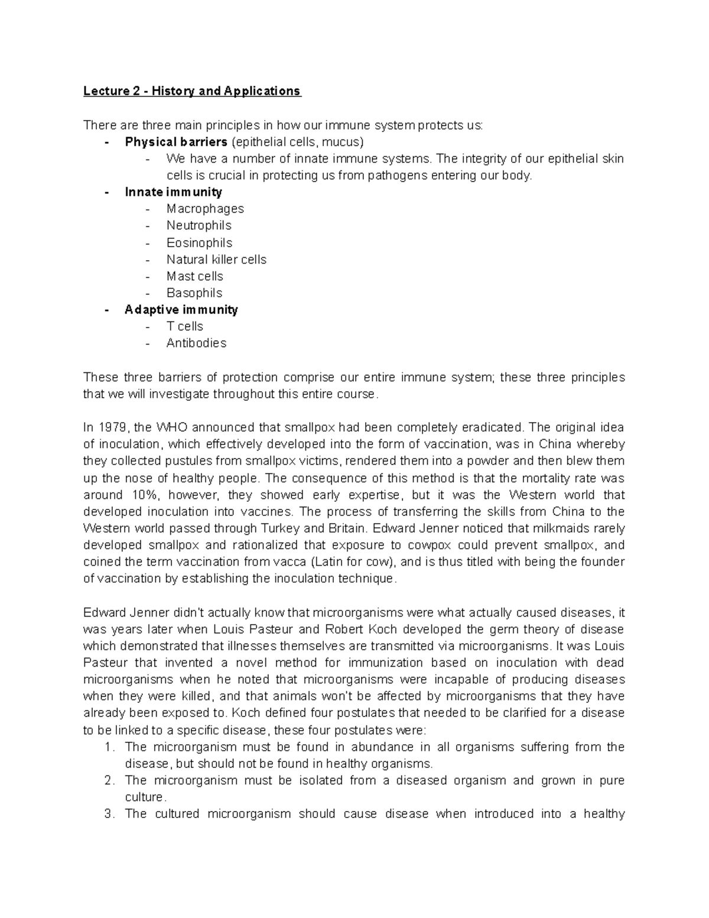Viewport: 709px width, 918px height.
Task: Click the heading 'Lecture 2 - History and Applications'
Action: coord(192,91)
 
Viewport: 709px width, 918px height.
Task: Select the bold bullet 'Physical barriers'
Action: coord(175,142)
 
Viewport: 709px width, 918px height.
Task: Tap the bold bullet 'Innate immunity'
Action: coord(173,192)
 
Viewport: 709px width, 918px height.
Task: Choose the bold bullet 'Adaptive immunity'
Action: coord(181,310)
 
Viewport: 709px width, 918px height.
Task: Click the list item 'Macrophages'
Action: coord(205,209)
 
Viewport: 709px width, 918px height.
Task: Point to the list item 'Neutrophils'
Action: coord(199,225)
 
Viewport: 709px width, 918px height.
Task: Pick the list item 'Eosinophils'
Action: coord(199,242)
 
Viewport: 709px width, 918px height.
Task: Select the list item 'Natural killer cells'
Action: coord(216,259)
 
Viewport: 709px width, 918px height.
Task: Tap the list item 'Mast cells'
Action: coord(194,276)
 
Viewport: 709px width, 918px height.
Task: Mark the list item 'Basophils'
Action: coord(194,293)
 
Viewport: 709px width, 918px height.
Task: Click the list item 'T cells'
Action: coord(184,326)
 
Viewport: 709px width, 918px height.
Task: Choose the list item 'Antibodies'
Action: coord(196,343)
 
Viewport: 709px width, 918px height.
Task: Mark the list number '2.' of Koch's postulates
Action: coord(109,780)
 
